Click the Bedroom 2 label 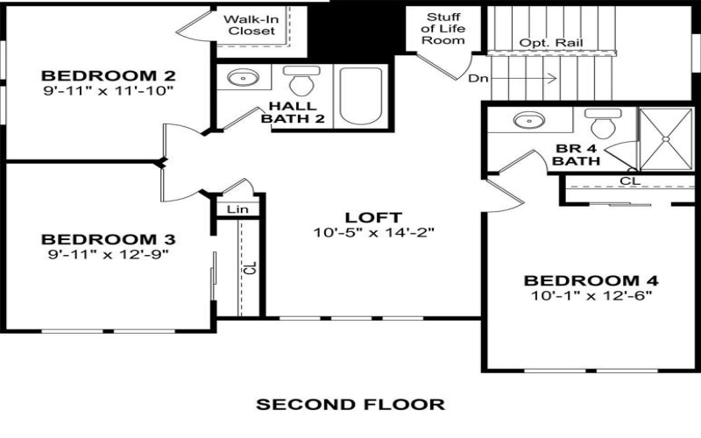coord(109,74)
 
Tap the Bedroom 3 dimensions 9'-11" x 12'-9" coord(109,254)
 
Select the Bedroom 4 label coord(591,280)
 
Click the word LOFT coord(373,217)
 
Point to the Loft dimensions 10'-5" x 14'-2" coord(373,233)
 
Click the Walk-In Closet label coord(251,25)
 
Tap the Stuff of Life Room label coord(444,29)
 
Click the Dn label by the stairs coord(478,79)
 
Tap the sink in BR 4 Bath coord(527,121)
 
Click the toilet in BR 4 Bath coord(603,123)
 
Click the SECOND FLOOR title coord(350,405)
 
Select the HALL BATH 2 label coord(289,112)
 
